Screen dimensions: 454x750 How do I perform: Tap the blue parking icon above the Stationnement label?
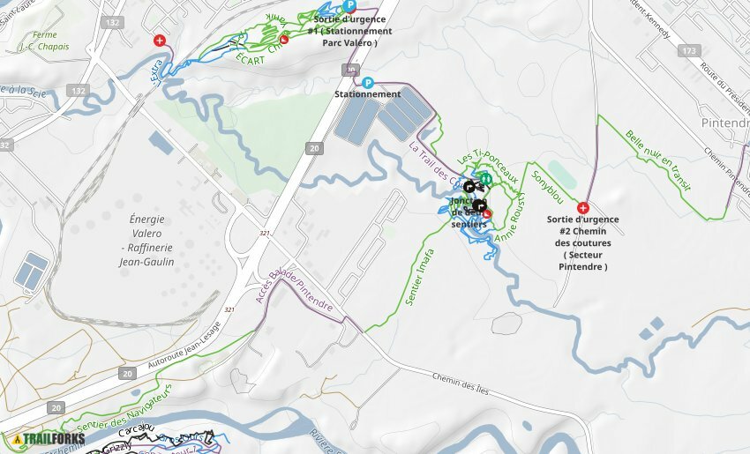(x=367, y=82)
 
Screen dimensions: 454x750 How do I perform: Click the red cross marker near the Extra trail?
(x=160, y=41)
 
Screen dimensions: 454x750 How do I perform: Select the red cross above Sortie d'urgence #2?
(x=582, y=207)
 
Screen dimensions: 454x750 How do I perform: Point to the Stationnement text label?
(x=367, y=94)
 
